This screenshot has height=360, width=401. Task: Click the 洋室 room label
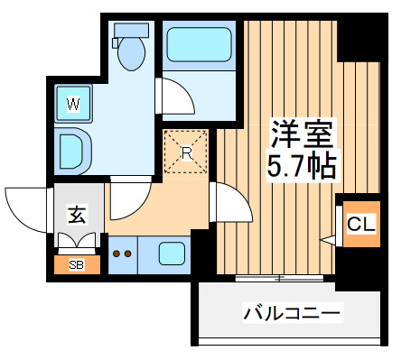coord(303,134)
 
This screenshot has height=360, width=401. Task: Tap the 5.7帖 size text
coord(302,166)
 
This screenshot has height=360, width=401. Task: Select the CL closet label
coord(361,224)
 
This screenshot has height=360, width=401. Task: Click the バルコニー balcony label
coord(292,313)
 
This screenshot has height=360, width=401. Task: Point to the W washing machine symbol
coord(73,104)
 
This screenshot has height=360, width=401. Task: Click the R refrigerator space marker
coord(186,152)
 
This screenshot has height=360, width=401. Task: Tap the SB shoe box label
coord(77,265)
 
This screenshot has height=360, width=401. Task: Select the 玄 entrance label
coord(78,215)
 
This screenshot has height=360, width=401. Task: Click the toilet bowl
coord(131,54)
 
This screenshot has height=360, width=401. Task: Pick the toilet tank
coord(131,31)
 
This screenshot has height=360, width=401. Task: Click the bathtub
coord(199,45)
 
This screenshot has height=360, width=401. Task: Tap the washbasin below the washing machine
coord(72,151)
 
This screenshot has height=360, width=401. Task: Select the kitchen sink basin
coord(172,254)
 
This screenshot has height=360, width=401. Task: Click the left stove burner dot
coord(117,254)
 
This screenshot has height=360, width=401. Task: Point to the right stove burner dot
coord(127,254)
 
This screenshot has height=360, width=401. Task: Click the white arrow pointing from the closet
coord(329,240)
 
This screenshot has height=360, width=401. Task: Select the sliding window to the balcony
coord(279,279)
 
